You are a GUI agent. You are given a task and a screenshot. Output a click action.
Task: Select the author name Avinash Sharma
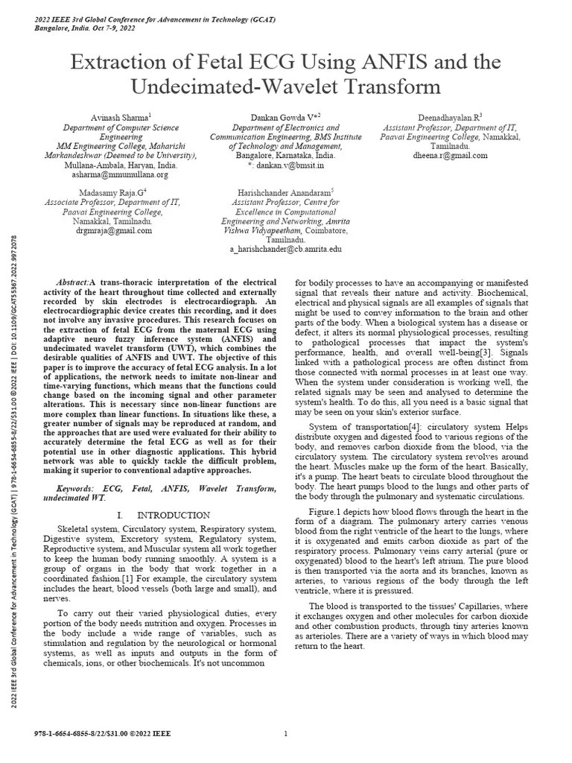tap(120, 118)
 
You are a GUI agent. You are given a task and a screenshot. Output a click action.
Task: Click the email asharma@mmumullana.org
tap(120, 174)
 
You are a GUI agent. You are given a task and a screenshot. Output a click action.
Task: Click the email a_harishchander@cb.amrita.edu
tap(286, 250)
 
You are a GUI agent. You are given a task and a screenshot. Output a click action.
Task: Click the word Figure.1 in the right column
tap(328, 513)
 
